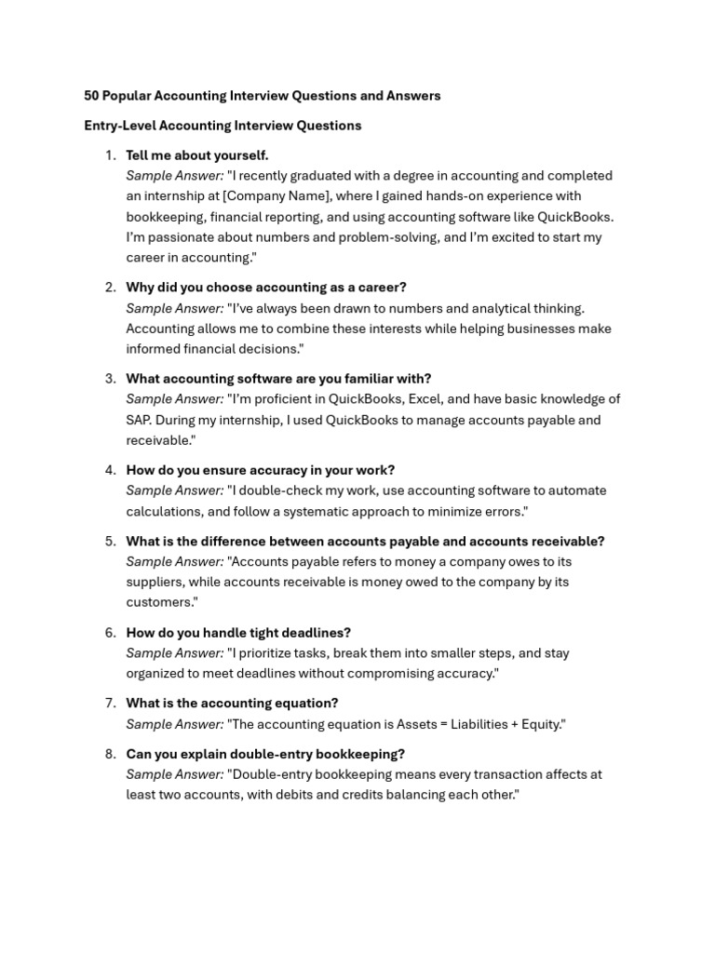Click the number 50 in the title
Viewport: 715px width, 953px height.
point(91,96)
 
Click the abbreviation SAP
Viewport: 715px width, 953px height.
point(140,420)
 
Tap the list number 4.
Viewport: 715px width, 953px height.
point(110,470)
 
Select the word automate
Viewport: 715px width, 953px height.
point(578,490)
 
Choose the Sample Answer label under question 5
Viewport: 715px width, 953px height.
point(175,561)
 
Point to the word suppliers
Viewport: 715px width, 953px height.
point(154,582)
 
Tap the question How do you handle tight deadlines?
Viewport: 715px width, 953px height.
point(238,633)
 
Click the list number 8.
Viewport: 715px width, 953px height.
point(110,754)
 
